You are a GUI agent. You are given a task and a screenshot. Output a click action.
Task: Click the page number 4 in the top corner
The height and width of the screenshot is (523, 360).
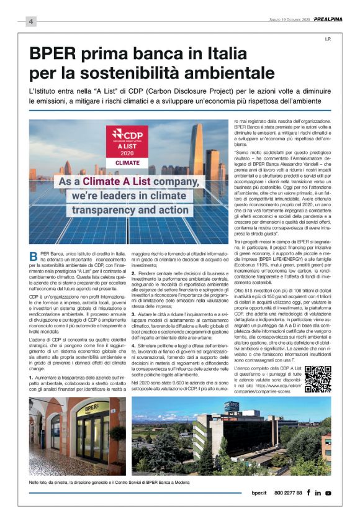(x=30, y=22)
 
